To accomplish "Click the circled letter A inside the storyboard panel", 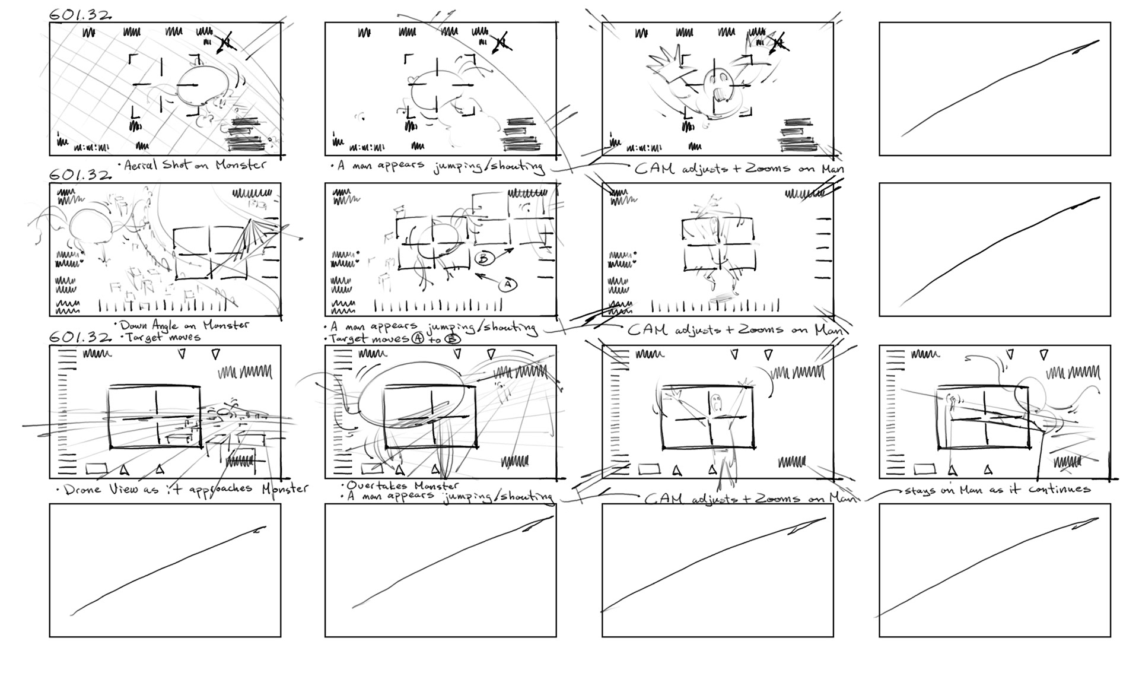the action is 507,285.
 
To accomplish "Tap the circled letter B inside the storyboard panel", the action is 483,259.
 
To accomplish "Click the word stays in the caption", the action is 918,491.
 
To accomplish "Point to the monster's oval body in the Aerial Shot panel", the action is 199,89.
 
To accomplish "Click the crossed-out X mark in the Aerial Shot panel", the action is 225,42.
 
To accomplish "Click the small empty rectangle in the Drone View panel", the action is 96,469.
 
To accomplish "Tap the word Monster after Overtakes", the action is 436,486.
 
